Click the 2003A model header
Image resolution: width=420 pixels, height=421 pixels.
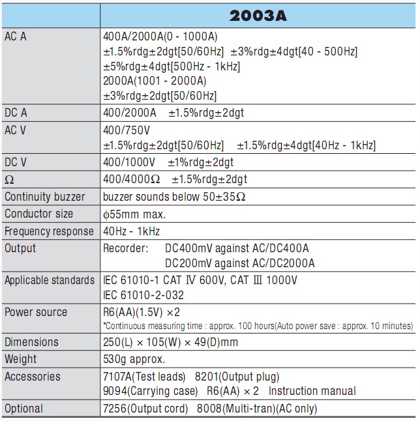tap(258, 14)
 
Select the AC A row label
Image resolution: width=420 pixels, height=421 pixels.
tap(16, 37)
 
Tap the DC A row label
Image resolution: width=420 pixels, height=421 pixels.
tap(16, 113)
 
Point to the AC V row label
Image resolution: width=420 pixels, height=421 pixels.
tap(16, 130)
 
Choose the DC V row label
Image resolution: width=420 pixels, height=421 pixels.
tap(16, 162)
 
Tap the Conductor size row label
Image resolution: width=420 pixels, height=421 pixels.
tap(39, 214)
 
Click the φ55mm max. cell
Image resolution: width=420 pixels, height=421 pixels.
tap(134, 214)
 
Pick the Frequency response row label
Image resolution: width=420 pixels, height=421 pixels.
tap(49, 231)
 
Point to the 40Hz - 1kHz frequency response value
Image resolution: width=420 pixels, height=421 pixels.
tap(131, 231)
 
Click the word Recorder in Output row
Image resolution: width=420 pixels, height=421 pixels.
tap(125, 248)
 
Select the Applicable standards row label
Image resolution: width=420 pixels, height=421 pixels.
tap(50, 280)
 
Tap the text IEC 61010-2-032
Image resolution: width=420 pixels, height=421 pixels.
tap(143, 295)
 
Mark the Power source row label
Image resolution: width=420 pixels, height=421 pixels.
tap(36, 312)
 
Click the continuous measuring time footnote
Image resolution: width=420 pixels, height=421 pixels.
tap(258, 325)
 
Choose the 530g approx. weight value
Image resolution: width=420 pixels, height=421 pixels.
tap(134, 359)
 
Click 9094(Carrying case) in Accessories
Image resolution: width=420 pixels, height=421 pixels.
tap(150, 391)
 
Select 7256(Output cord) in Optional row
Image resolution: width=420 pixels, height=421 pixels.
tap(143, 409)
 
